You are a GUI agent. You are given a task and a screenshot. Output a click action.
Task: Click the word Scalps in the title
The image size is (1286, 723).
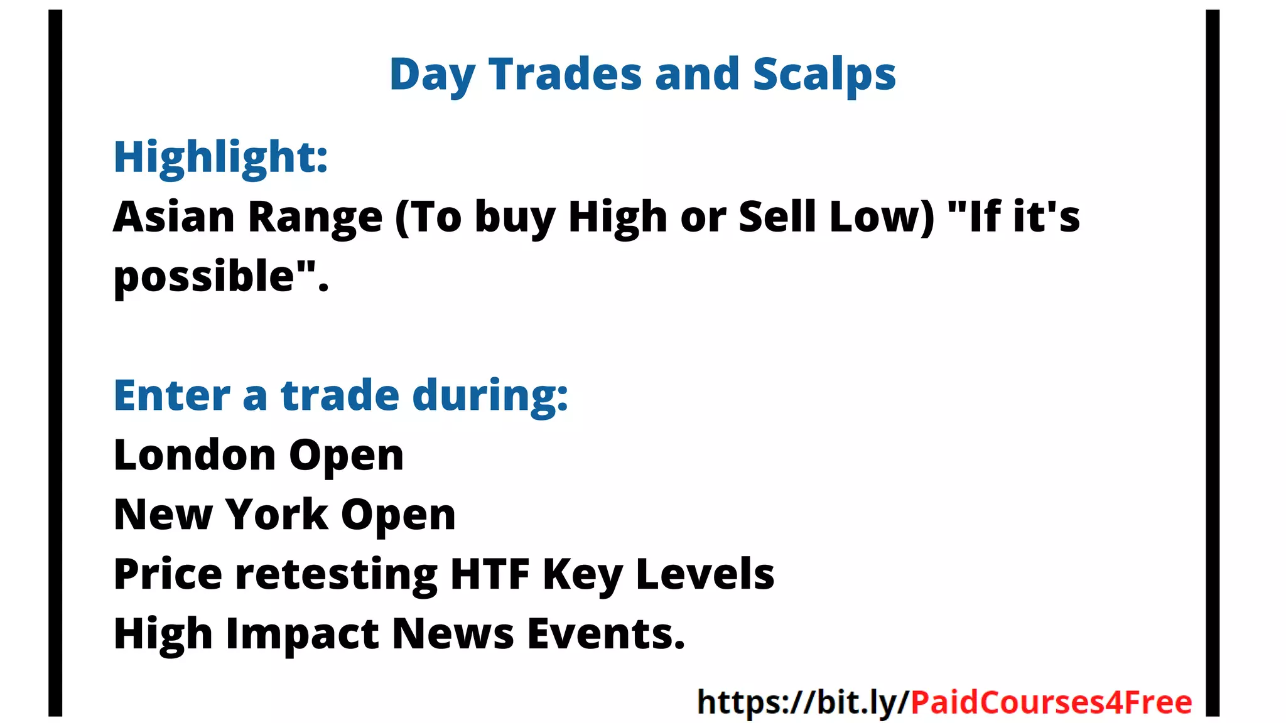coord(824,75)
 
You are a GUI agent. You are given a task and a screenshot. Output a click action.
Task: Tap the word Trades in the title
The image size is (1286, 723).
coord(565,75)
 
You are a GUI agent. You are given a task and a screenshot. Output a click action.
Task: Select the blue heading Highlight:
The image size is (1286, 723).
coord(220,157)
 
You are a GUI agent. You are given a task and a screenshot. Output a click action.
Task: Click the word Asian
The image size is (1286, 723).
coord(174,217)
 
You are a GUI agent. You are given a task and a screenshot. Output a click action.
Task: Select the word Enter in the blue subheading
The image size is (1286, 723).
coord(172,395)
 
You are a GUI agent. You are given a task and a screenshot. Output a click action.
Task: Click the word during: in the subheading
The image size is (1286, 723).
coord(490,395)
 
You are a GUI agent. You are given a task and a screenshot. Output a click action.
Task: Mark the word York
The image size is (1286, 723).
coord(276,515)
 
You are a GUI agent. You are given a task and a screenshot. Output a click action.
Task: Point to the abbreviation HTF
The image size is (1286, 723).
coord(490,574)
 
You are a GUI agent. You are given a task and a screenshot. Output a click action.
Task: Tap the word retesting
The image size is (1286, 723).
coord(336,575)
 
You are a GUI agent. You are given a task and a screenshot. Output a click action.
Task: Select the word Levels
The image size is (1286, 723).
coord(705,574)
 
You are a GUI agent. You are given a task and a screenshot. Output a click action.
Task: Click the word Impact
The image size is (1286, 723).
coord(302,634)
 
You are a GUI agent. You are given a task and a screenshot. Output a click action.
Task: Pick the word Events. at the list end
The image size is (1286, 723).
coord(605,633)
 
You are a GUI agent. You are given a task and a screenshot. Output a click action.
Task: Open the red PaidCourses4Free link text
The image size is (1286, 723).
coord(1051,702)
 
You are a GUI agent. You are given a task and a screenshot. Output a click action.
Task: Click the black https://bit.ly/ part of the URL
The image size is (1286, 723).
coord(802,702)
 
